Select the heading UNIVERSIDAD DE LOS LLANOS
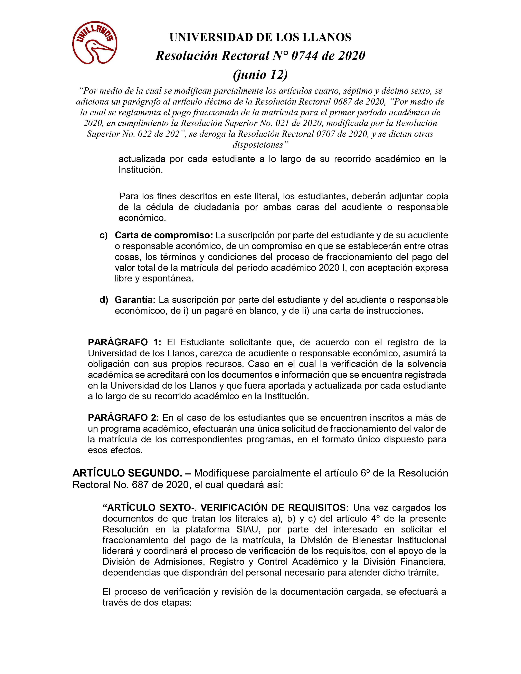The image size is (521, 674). point(260,37)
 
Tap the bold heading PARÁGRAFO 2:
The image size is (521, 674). point(123,417)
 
